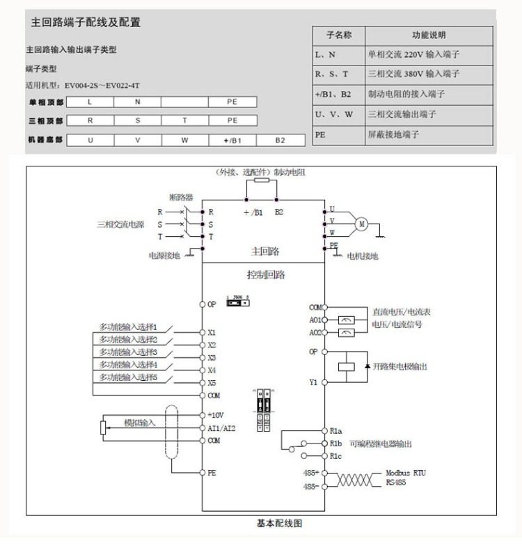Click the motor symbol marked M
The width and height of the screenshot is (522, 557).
tap(361, 223)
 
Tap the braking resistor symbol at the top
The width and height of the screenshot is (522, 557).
tap(262, 180)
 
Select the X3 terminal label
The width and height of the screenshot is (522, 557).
tap(212, 357)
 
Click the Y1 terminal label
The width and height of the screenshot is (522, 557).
tap(313, 382)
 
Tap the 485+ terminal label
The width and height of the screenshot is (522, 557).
tap(310, 473)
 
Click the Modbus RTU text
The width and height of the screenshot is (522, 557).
tap(406, 473)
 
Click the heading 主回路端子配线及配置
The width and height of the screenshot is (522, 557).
tap(86, 22)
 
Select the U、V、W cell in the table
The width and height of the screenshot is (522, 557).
tap(335, 114)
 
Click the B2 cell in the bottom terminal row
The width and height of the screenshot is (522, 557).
tap(280, 140)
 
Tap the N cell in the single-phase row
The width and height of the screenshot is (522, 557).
tap(137, 102)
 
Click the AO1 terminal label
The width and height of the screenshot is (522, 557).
tap(315, 320)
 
